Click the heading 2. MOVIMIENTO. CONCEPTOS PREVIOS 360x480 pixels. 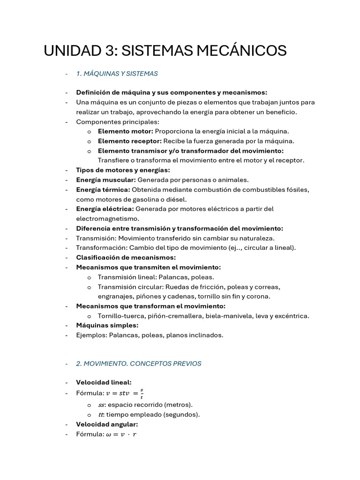click(x=138, y=363)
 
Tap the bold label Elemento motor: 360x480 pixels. click(x=125, y=131)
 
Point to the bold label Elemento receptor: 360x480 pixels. click(x=129, y=141)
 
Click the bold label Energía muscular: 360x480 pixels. click(x=106, y=180)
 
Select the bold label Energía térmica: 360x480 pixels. click(x=103, y=189)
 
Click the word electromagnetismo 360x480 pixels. click(x=107, y=218)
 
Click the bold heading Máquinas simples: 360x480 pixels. click(x=107, y=325)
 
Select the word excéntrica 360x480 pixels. click(x=292, y=316)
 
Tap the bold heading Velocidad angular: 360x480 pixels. click(x=107, y=424)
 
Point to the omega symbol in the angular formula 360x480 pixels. click(x=109, y=435)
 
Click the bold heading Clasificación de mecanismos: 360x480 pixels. click(x=126, y=257)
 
